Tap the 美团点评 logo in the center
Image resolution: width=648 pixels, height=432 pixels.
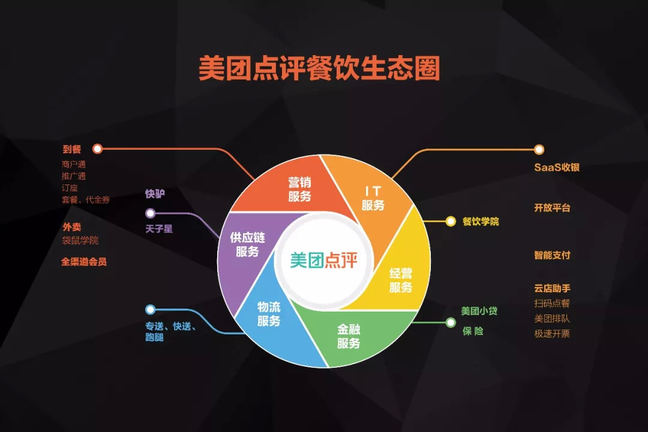coord(324,261)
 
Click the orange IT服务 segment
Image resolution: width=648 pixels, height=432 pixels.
coord(373,198)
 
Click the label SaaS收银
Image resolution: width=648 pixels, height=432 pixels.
coord(557,167)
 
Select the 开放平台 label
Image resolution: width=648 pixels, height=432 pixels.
coord(552,208)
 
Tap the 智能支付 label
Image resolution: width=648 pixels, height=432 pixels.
coord(552,255)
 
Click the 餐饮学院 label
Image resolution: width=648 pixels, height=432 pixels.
coord(481,221)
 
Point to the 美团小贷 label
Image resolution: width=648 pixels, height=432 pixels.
coord(479,311)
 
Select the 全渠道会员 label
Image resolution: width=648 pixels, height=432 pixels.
coord(84,262)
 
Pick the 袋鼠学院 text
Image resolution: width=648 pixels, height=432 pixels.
coord(80,240)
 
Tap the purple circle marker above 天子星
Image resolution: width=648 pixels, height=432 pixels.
coord(150,213)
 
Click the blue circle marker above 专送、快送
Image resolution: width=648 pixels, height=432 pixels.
coord(150,310)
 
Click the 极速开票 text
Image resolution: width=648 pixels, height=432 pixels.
coord(552,334)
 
